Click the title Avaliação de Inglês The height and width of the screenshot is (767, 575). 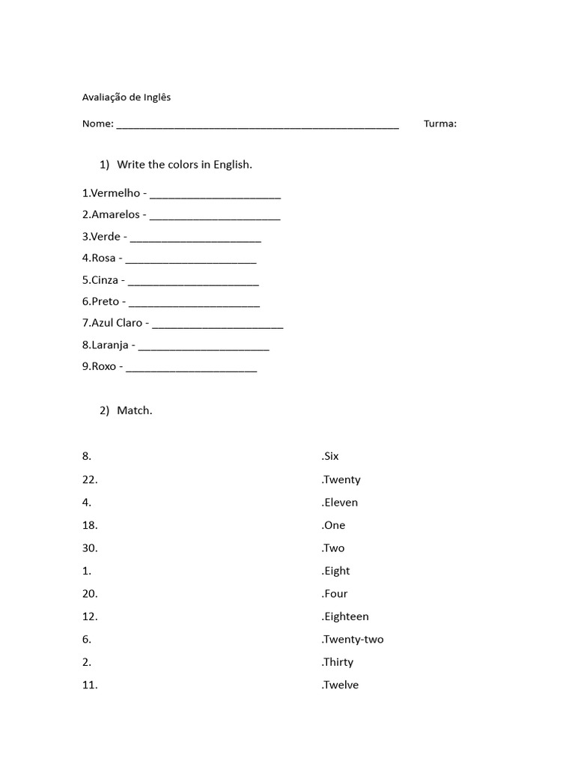(x=126, y=97)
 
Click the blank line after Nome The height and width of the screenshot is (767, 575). (x=258, y=125)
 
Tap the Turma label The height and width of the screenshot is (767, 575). (x=440, y=124)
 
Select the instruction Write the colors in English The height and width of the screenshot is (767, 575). (x=184, y=165)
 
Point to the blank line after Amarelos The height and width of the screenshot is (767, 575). (x=215, y=216)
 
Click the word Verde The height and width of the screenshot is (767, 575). (x=106, y=237)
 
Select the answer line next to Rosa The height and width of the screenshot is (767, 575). (x=191, y=260)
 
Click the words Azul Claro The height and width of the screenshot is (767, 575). (x=117, y=324)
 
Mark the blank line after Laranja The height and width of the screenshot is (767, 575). (x=204, y=347)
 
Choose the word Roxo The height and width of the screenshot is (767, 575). (x=103, y=367)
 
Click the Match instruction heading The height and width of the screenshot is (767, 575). (x=134, y=410)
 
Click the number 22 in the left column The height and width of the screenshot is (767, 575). (x=89, y=479)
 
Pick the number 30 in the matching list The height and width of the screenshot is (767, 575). (x=89, y=548)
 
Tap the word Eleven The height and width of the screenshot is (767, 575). (x=341, y=503)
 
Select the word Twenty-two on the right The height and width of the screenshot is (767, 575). (x=353, y=640)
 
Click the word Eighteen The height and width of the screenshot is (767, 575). (x=346, y=616)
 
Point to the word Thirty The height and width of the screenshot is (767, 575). (x=338, y=662)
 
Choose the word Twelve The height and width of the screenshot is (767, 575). (x=341, y=685)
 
